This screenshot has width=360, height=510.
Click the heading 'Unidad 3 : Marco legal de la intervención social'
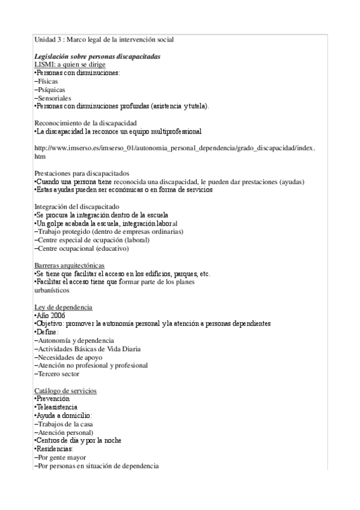(x=104, y=40)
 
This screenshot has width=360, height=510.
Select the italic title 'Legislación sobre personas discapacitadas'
(x=97, y=57)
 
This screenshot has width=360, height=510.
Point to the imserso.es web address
(x=174, y=148)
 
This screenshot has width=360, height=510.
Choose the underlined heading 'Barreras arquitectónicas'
(x=69, y=265)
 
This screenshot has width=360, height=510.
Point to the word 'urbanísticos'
(x=52, y=290)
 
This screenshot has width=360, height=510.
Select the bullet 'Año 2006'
(x=50, y=315)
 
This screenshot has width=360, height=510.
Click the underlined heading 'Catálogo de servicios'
(x=65, y=390)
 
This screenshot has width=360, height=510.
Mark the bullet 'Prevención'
(x=53, y=399)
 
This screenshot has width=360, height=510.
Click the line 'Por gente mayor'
(x=60, y=458)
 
